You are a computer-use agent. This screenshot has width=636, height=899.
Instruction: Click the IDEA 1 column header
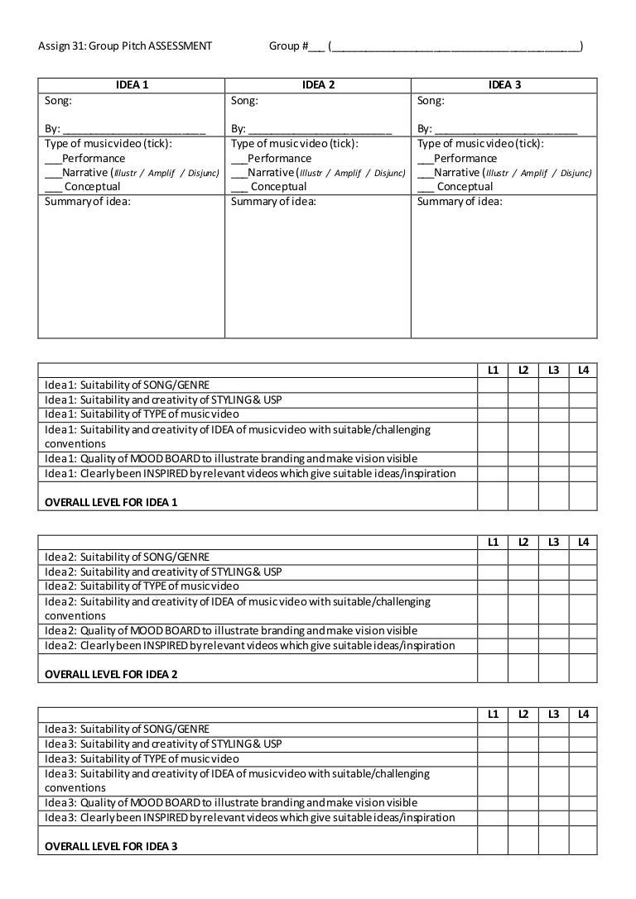pos(131,85)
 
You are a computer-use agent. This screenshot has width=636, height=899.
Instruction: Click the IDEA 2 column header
pos(318,85)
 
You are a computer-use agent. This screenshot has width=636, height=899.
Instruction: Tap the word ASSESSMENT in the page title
pos(181,46)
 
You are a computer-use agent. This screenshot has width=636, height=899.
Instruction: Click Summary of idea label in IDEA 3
pos(460,202)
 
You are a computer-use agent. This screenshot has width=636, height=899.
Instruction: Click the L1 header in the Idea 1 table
pos(493,370)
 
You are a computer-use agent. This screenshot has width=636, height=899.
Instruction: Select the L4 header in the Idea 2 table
pos(582,542)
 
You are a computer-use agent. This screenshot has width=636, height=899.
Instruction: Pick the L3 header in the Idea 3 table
pos(552,714)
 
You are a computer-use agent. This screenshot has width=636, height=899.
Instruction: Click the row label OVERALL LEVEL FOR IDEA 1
pos(111,502)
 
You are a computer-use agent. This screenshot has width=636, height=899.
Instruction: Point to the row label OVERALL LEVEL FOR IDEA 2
pos(111,674)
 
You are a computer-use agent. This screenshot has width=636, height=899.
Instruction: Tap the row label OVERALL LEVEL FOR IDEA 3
pos(111,846)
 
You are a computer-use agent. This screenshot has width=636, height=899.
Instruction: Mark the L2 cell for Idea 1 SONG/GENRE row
pos(523,385)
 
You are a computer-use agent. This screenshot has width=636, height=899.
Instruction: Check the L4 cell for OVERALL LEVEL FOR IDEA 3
pos(582,839)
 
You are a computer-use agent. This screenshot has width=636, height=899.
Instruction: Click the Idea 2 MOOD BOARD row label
pos(231,630)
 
